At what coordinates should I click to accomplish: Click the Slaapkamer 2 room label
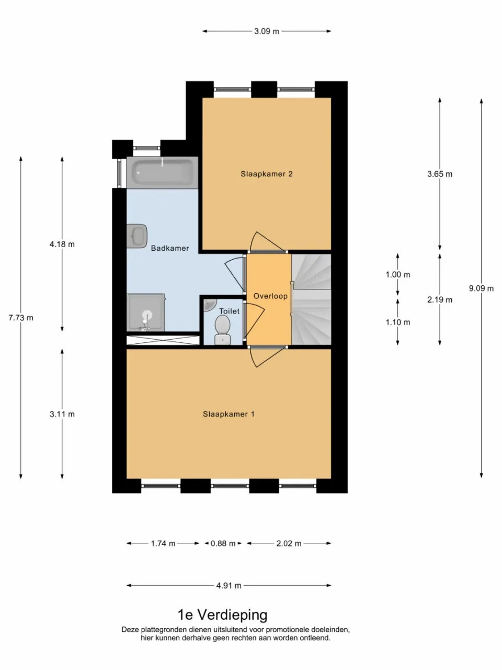point(266,174)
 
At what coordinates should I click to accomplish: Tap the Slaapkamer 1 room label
point(229,414)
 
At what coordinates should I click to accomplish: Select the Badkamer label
point(170,248)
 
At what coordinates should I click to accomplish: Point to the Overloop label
point(270,296)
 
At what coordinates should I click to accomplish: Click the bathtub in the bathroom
point(162,172)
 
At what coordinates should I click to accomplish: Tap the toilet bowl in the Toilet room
point(223,330)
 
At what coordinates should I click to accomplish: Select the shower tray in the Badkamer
point(146,313)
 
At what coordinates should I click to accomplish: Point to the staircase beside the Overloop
point(311,300)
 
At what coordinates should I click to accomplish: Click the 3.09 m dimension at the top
point(267,31)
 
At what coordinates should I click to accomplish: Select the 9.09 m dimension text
point(481,288)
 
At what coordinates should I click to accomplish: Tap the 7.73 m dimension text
point(21,318)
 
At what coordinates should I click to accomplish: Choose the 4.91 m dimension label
point(229,586)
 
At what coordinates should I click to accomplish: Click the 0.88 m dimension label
point(223,543)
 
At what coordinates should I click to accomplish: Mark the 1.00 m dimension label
point(398,275)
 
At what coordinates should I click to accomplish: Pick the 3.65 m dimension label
point(440,174)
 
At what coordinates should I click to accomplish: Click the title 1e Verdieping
point(223,615)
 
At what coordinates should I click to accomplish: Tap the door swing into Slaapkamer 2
point(264,241)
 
